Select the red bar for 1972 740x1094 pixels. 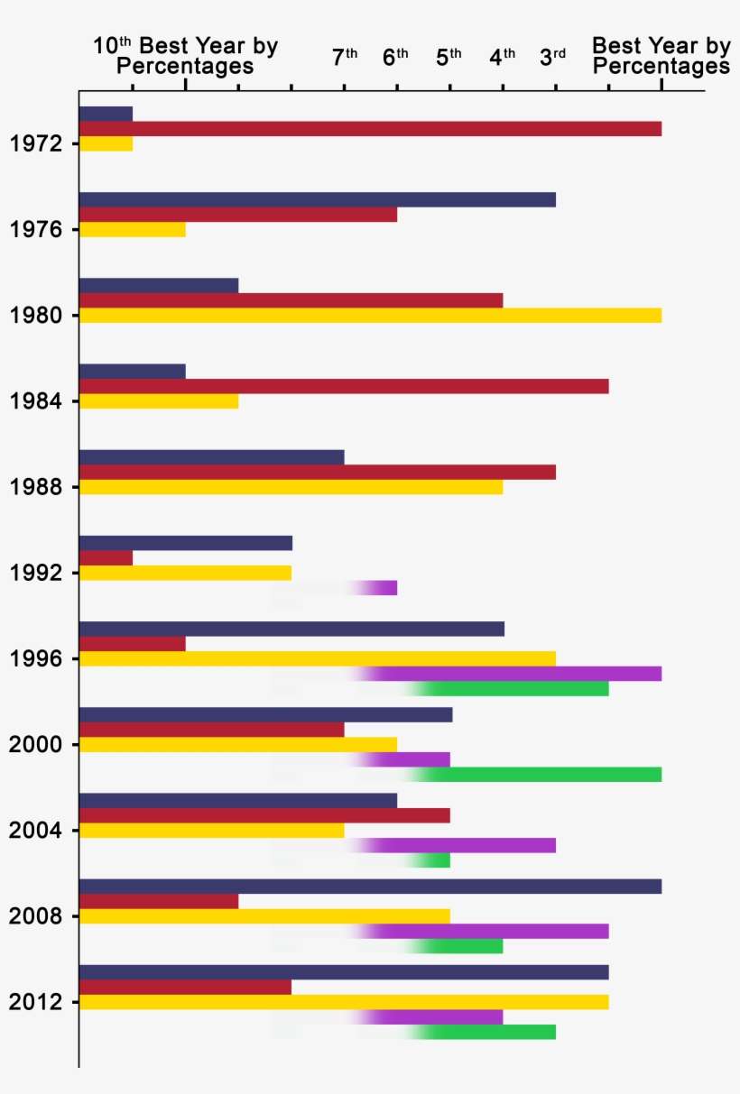pyautogui.click(x=370, y=128)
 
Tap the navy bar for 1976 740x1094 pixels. pyautogui.click(x=317, y=199)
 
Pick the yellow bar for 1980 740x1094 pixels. pyautogui.click(x=370, y=315)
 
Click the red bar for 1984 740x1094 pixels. pyautogui.click(x=344, y=386)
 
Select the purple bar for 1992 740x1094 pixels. pyautogui.click(x=384, y=588)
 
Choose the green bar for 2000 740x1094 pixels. pyautogui.click(x=541, y=775)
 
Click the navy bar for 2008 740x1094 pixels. pyautogui.click(x=370, y=886)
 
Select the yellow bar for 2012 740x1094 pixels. pyautogui.click(x=344, y=1001)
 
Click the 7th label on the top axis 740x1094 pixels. pyautogui.click(x=345, y=58)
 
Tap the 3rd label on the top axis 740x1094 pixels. pyautogui.click(x=553, y=58)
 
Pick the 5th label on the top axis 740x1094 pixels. pyautogui.click(x=449, y=58)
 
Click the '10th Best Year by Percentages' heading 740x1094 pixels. pyautogui.click(x=185, y=56)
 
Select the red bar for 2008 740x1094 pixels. pyautogui.click(x=159, y=901)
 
